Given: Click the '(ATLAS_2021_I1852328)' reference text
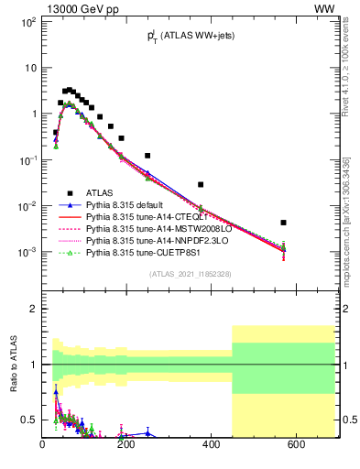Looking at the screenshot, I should click(x=191, y=274).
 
